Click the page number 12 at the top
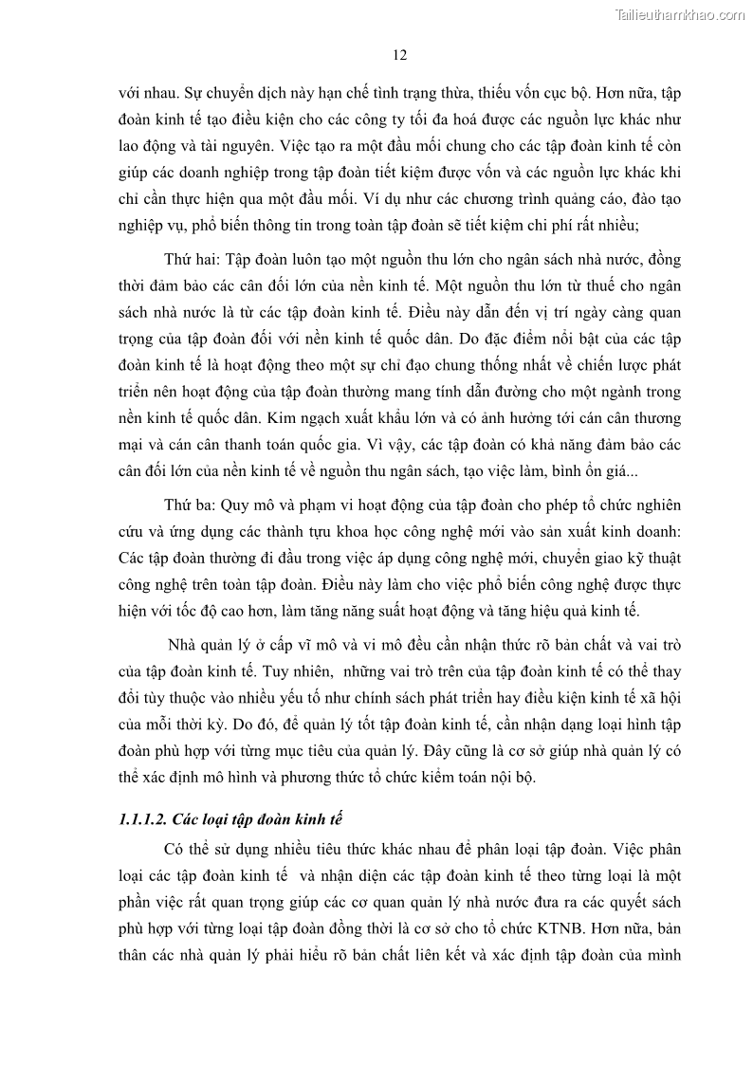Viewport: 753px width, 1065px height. point(399,55)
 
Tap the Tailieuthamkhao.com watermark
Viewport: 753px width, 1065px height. point(679,15)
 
